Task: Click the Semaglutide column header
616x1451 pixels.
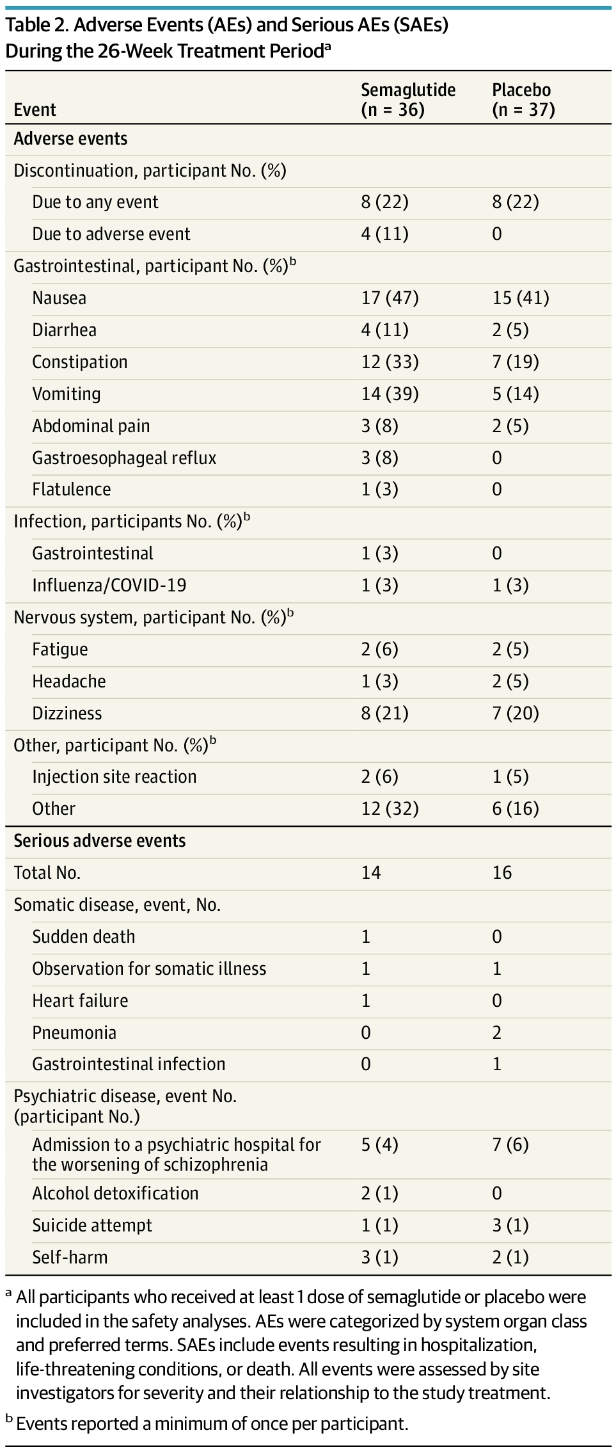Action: [x=408, y=100]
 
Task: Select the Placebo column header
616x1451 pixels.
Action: [x=523, y=100]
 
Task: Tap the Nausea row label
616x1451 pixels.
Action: [x=59, y=298]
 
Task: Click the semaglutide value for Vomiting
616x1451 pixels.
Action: [x=390, y=394]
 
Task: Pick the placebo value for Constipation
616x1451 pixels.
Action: [x=515, y=362]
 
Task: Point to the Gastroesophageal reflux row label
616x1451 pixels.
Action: [x=124, y=458]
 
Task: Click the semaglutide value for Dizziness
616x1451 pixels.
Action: [x=384, y=713]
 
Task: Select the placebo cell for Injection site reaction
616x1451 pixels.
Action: [x=510, y=777]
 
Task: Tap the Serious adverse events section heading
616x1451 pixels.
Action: [x=100, y=841]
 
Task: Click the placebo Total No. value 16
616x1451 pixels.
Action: [x=502, y=873]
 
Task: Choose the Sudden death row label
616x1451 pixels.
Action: [x=84, y=937]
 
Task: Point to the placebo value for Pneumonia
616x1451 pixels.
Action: [x=497, y=1032]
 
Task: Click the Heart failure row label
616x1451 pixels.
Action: [x=80, y=1000]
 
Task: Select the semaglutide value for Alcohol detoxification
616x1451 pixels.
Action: [x=379, y=1194]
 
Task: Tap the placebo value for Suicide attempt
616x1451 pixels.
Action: [x=510, y=1226]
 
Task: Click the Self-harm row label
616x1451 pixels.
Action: [x=70, y=1258]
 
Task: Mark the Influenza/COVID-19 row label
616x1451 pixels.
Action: [x=109, y=586]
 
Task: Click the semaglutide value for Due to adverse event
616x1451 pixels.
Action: [x=384, y=234]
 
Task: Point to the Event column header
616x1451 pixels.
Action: [x=35, y=110]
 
